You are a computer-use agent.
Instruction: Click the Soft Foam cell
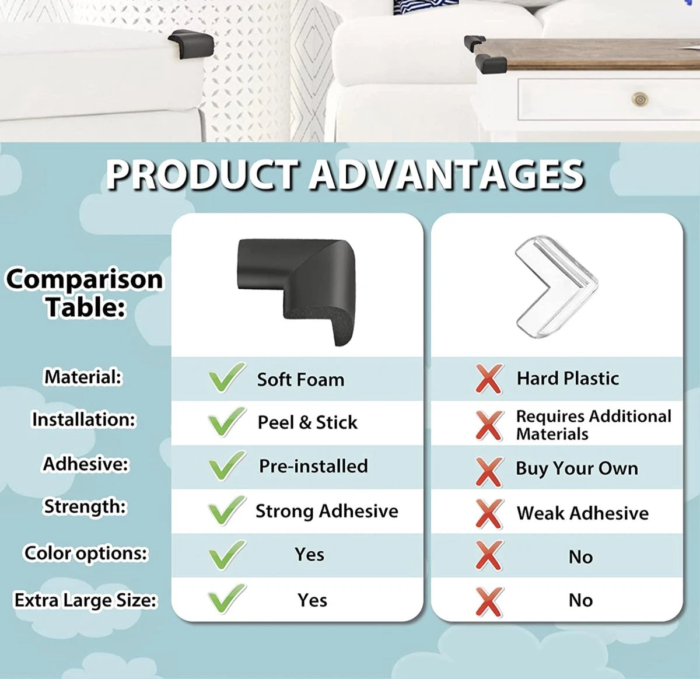(x=300, y=380)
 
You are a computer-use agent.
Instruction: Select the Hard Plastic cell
(x=567, y=379)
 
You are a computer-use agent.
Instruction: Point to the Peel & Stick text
(x=307, y=422)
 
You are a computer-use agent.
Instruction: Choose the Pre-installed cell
(x=313, y=466)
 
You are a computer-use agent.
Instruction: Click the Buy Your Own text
(x=576, y=468)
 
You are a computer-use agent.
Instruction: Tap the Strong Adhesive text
(x=327, y=511)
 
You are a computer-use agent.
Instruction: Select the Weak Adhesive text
(x=582, y=513)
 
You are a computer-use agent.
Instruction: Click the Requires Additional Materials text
(x=593, y=425)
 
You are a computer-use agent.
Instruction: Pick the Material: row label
(x=83, y=377)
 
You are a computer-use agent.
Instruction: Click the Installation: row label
(x=83, y=420)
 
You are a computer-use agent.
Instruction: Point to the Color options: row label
(x=86, y=553)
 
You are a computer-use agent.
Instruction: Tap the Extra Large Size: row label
(x=86, y=600)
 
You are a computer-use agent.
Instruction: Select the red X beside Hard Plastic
(x=489, y=379)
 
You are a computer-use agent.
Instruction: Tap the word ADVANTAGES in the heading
(x=446, y=175)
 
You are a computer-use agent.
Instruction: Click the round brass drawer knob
(x=640, y=99)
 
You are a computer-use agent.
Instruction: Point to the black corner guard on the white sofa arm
(x=190, y=43)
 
